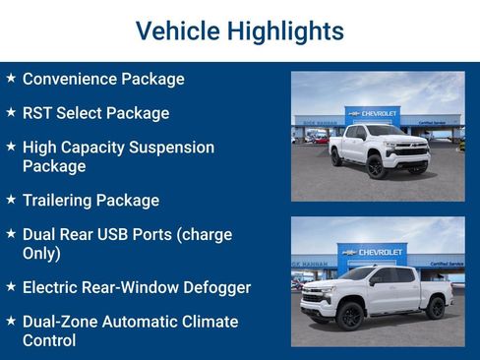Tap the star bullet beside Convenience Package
click(11, 78)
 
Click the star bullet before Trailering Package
click(11, 200)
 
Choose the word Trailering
click(63, 201)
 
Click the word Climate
click(208, 323)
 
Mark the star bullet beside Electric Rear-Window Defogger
click(11, 287)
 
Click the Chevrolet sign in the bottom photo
click(371, 252)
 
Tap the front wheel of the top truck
click(376, 166)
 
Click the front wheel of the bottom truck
click(349, 316)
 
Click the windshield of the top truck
click(385, 131)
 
